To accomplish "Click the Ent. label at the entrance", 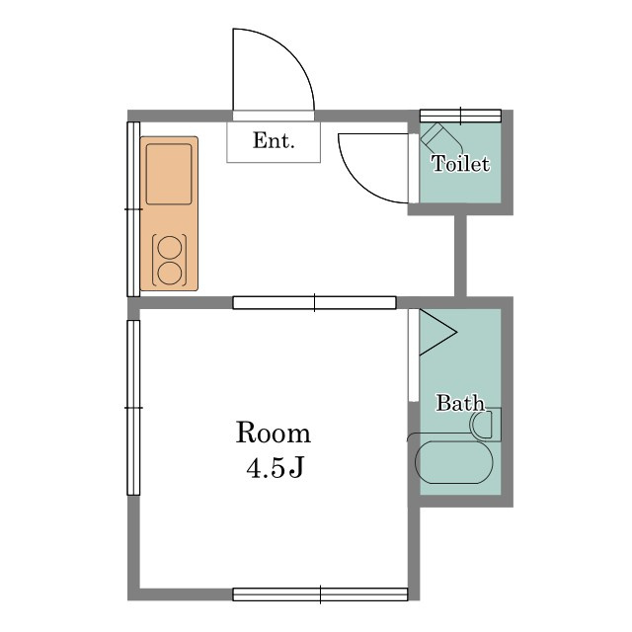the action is coord(274,140).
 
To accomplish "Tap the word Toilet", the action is coord(461,164).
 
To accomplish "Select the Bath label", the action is coord(459,403).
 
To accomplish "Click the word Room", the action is coord(274,433).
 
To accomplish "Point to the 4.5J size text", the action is coord(275,468).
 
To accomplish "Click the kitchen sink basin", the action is coord(169,174).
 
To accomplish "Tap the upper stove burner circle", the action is coord(169,247).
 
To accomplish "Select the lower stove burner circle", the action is coord(169,274).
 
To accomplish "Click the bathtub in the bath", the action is coord(454,462).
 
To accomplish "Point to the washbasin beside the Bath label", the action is coord(481,425).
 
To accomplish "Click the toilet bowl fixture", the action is coord(441,138).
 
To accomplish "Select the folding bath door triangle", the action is coord(438,333).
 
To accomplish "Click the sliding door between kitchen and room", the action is coord(314,303).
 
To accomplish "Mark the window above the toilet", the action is coord(461,116).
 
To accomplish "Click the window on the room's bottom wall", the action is coord(320,594).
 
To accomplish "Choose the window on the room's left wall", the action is coord(134,408).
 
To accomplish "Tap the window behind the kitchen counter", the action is coord(134,209).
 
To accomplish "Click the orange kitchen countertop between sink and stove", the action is coord(169,219).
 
